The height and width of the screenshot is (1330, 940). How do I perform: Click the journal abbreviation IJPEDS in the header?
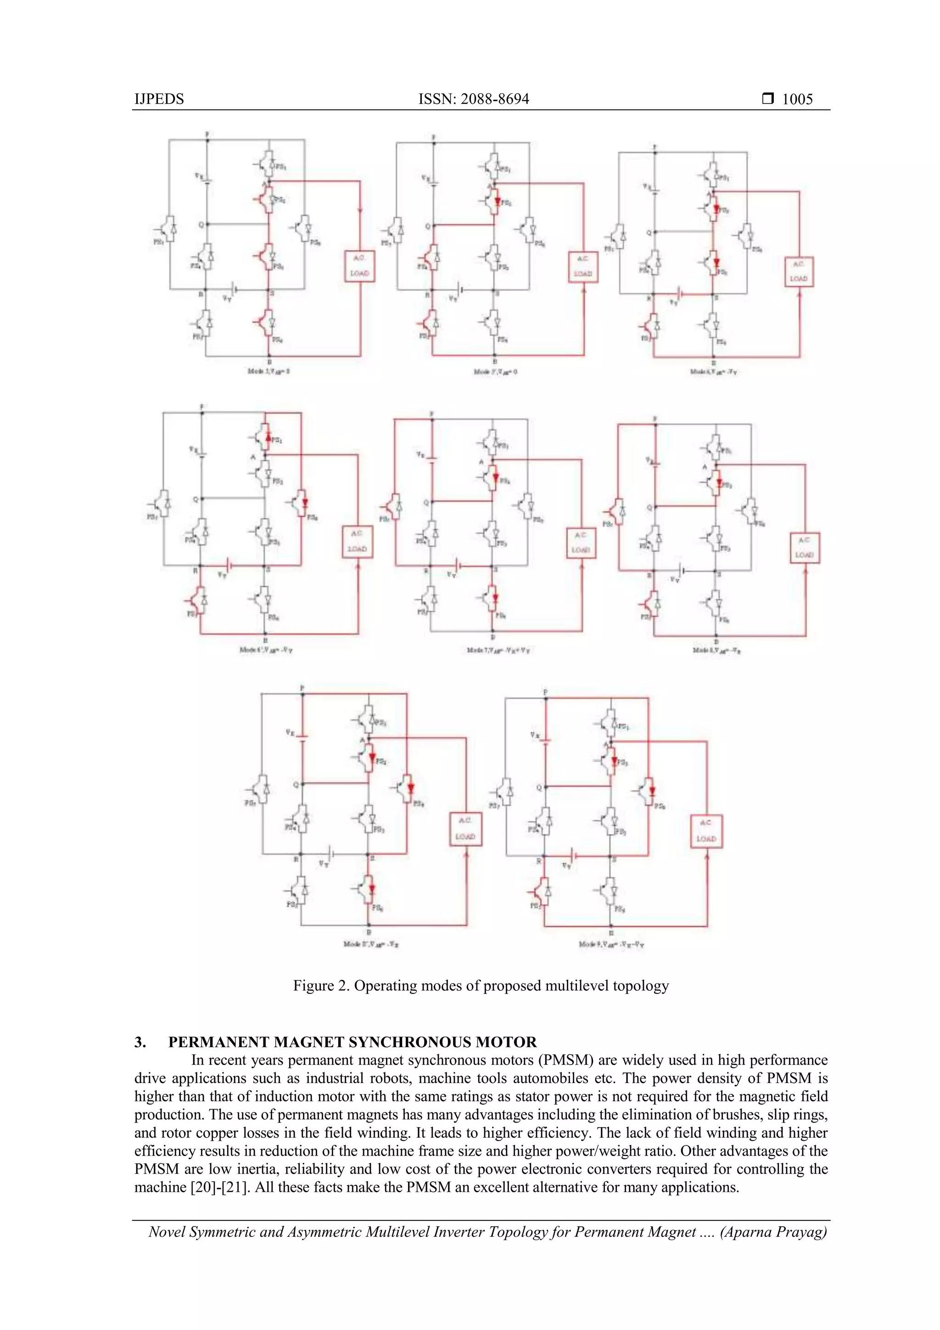[159, 99]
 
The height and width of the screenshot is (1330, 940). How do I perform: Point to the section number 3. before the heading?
[140, 1042]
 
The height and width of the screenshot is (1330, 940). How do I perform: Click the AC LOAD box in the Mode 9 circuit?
[706, 831]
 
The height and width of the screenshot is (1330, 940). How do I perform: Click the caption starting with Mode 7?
[498, 651]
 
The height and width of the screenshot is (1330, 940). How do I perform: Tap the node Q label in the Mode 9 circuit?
[539, 788]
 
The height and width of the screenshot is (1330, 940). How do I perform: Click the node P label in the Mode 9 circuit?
[545, 692]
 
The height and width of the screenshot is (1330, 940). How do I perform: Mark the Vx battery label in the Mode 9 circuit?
[535, 735]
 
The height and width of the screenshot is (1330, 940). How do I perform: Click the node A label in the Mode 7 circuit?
[481, 462]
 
